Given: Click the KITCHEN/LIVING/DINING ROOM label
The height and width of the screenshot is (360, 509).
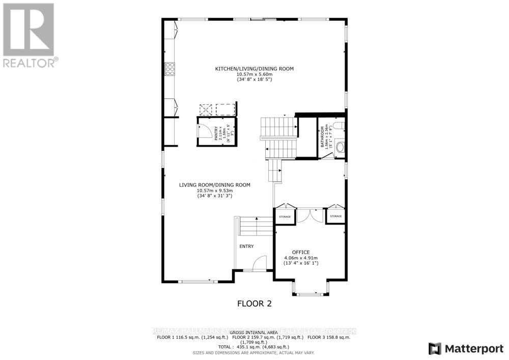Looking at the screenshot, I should (254, 68).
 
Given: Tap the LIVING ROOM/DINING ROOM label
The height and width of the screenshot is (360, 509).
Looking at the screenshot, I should (214, 185).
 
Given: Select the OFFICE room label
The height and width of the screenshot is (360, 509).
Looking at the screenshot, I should (300, 252).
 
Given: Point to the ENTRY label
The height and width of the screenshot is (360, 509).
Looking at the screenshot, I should (246, 246).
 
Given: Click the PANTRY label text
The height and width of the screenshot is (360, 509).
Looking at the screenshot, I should (216, 133).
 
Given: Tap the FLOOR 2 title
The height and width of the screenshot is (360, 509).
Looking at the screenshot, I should (254, 304).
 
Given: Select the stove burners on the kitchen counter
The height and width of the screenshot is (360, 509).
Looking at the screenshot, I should (169, 69).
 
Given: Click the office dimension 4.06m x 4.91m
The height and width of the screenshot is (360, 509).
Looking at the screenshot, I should (300, 258).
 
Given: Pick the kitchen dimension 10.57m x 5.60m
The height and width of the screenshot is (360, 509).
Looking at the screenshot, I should (254, 74).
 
